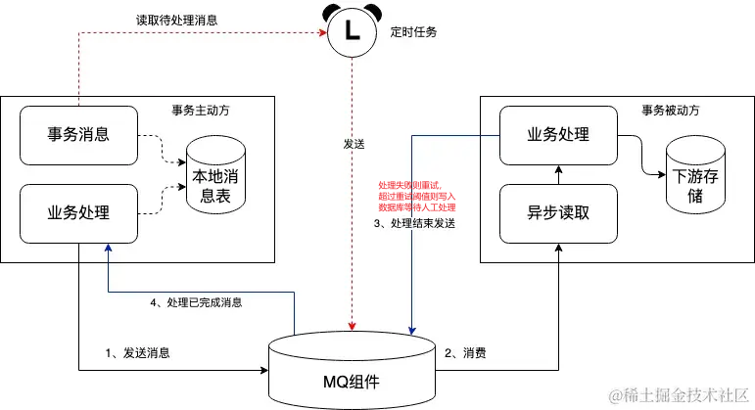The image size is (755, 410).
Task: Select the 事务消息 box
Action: tap(78, 134)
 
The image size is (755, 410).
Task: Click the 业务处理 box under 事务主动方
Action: tap(78, 212)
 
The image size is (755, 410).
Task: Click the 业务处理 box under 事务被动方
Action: tap(558, 134)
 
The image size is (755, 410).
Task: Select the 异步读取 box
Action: tap(558, 212)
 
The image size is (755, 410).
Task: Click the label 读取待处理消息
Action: tap(176, 21)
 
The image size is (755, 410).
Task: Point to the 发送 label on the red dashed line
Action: tap(354, 144)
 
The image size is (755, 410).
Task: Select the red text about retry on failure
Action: tap(417, 196)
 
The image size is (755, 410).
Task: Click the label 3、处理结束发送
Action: tap(416, 223)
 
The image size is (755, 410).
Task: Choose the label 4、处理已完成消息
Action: tap(196, 303)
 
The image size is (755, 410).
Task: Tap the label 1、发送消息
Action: tap(137, 352)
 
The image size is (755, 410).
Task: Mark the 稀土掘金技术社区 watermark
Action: tap(678, 395)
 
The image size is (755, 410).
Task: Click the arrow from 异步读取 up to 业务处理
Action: tap(558, 173)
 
